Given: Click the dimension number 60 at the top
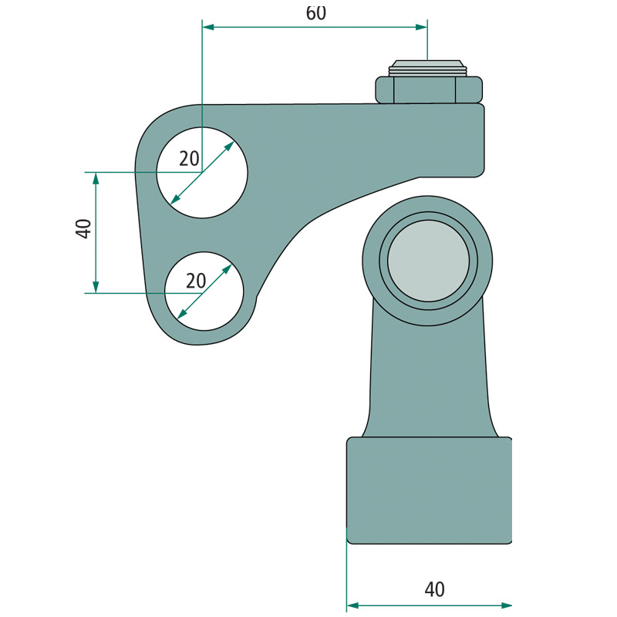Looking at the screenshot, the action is [x=316, y=13].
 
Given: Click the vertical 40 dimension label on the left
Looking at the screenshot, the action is [x=83, y=228].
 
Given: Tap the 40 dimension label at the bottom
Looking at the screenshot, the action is [x=435, y=589].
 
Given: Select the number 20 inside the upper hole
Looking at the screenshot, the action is [x=189, y=159].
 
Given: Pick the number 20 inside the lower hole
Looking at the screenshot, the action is [x=196, y=281].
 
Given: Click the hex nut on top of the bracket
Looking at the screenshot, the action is [x=429, y=89].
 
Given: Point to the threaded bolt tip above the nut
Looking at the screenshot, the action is [x=427, y=68].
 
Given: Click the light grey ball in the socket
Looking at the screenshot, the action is [x=429, y=261].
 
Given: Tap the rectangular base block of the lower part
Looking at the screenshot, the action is [x=430, y=491].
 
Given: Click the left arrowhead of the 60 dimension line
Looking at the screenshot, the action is [x=207, y=27].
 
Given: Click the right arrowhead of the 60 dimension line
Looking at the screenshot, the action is [x=421, y=27].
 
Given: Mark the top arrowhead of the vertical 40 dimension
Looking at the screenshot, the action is [x=96, y=178].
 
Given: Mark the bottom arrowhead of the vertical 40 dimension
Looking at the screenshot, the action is [x=96, y=287].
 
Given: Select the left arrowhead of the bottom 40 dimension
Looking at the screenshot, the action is [x=352, y=605].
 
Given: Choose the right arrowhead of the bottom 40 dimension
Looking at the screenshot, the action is [x=507, y=605].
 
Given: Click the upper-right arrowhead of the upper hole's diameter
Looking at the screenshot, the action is [x=230, y=146].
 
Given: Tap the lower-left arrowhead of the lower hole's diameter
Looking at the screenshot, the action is [x=182, y=314].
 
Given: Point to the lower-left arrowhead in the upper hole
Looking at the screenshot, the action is [x=175, y=200].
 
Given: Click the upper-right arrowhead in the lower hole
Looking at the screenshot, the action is [x=228, y=268].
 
